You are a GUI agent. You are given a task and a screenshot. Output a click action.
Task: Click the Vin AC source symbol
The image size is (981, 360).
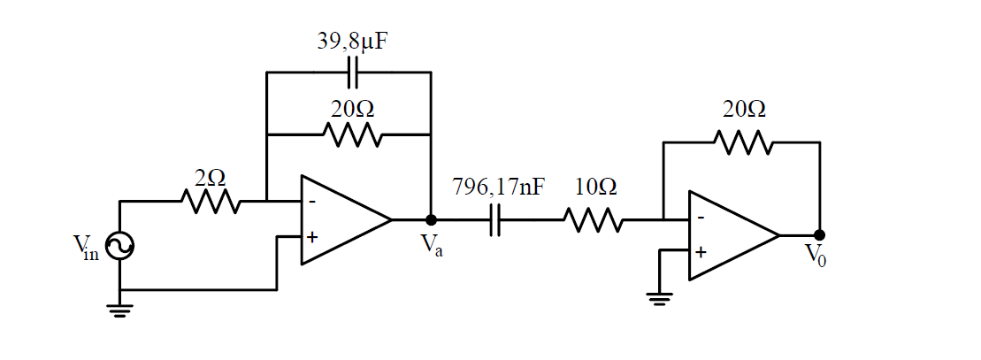pos(119,247)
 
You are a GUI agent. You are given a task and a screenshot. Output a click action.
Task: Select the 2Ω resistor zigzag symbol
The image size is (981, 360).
pos(210,202)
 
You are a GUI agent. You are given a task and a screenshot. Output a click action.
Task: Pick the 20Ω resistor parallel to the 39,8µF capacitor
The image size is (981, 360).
pos(352,135)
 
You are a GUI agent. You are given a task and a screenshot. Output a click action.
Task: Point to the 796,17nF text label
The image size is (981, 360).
pos(498,188)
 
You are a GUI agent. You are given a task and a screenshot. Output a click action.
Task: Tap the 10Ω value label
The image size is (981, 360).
pos(594,188)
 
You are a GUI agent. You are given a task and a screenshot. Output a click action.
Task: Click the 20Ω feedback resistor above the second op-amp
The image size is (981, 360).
pos(744,142)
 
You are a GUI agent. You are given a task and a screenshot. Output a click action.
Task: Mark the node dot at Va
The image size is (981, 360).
pos(431,220)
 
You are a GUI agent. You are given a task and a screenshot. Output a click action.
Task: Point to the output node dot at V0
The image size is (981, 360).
pos(819,235)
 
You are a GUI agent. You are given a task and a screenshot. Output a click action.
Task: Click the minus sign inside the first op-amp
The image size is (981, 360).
pos(311,201)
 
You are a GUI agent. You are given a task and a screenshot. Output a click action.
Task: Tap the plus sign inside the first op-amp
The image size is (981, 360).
pos(311,237)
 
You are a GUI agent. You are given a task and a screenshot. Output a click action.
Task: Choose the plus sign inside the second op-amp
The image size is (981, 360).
pos(701,252)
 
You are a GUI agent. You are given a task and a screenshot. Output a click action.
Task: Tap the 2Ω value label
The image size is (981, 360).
pos(210,177)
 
